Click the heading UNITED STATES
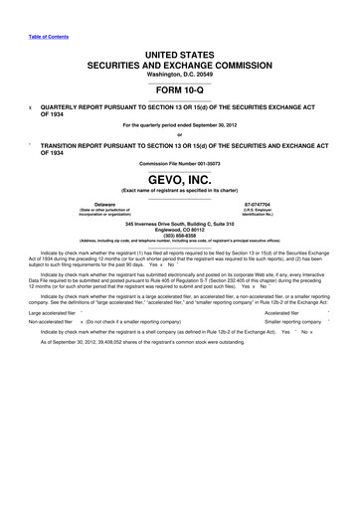(179, 52)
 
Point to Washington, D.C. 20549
(179, 72)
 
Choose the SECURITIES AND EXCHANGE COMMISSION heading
(179, 63)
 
